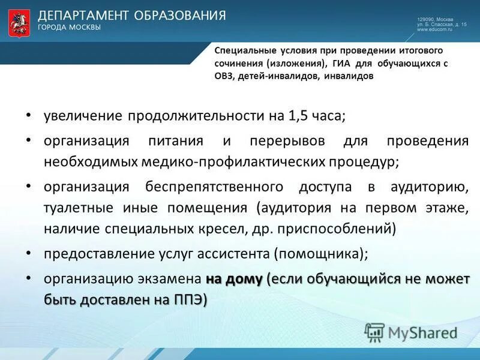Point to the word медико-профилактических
tap(235, 162)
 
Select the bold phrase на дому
tap(234, 279)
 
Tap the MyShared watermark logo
tap(411, 332)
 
